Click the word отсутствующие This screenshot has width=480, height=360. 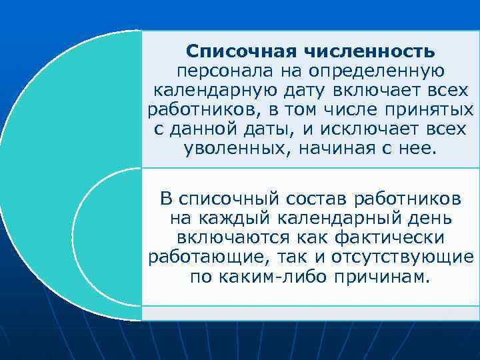(393, 257)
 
